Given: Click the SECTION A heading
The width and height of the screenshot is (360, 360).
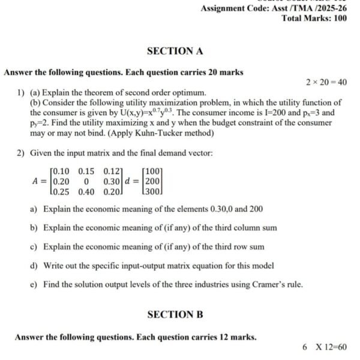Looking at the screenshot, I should [175, 51].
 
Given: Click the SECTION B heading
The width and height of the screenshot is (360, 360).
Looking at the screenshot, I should [175, 314].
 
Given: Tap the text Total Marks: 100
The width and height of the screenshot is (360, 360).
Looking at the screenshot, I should [314, 18].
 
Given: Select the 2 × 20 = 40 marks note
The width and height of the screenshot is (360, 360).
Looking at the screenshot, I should [326, 82].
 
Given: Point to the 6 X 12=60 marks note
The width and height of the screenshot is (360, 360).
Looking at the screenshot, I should [325, 347].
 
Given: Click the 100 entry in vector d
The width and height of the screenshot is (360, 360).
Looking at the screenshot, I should [153, 172].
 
